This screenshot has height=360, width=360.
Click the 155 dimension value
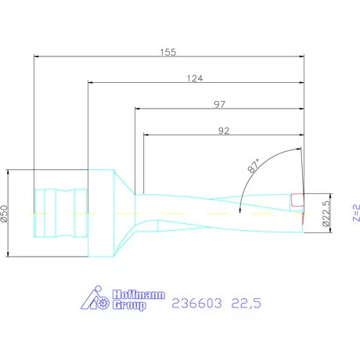(x=168, y=52)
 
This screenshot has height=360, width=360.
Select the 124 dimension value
(x=196, y=77)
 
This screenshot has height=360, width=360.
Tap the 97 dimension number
(x=221, y=104)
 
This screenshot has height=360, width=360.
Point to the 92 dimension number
(x=224, y=131)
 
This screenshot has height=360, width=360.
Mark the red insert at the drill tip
(x=296, y=200)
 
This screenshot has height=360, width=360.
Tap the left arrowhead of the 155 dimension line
(x=38, y=56)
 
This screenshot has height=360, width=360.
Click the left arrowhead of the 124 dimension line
(x=91, y=82)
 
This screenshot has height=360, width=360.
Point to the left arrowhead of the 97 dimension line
(x=139, y=109)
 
